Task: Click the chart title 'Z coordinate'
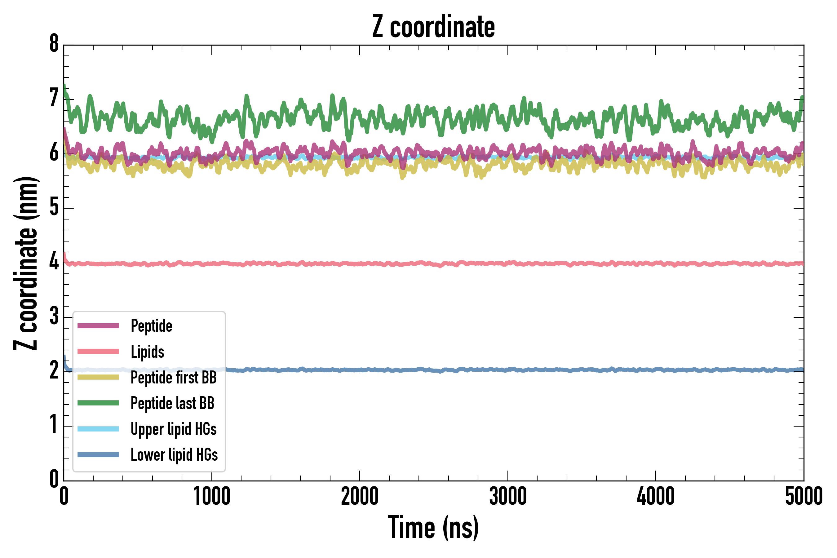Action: point(433,27)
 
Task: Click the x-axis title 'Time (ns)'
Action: point(433,527)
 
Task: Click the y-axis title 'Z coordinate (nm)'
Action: point(26,263)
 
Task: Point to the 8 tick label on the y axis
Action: point(54,44)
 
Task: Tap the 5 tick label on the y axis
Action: point(54,207)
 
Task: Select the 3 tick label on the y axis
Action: point(54,317)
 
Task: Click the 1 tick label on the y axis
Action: point(54,425)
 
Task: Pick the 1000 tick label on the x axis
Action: point(212,496)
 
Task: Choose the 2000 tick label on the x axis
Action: point(359,496)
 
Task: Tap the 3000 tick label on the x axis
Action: point(507,496)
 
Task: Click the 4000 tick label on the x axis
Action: point(656,496)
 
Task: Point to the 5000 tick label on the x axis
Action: point(804,496)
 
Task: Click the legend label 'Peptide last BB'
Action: point(173,403)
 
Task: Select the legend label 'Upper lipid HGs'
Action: point(174,429)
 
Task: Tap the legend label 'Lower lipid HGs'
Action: point(174,455)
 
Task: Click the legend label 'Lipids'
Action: point(148,352)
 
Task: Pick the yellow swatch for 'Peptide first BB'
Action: point(98,377)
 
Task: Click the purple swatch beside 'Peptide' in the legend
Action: point(98,325)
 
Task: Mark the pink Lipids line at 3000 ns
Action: point(507,263)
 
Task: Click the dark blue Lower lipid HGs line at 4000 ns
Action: point(656,370)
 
